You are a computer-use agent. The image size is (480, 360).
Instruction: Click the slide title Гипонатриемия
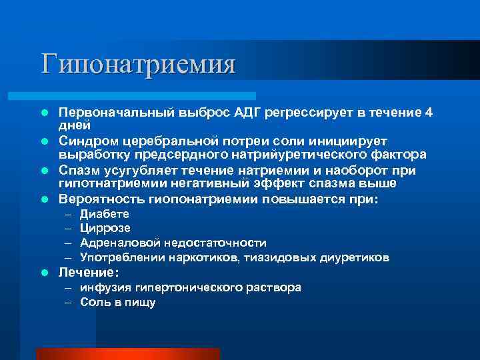[x=138, y=65]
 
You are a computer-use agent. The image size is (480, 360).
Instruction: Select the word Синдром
[x=86, y=141]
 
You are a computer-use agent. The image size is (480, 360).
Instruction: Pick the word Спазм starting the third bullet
[x=78, y=170]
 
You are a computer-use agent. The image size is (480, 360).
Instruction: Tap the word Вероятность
[x=100, y=199]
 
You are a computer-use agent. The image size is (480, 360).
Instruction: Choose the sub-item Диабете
[x=105, y=214]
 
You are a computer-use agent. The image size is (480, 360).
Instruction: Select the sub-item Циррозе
[x=105, y=228]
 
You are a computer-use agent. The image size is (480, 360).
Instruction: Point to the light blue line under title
[x=147, y=96]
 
